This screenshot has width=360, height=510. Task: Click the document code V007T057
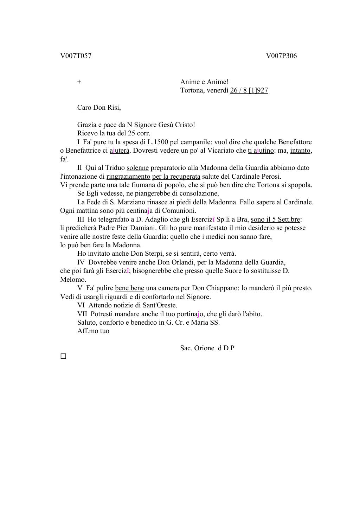point(76,56)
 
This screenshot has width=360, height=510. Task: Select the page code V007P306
point(281,56)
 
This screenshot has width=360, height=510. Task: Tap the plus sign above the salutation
point(79,82)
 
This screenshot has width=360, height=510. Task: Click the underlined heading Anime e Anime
point(203,82)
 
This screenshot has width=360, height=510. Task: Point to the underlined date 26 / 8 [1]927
point(249,90)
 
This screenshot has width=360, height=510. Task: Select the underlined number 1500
point(161,142)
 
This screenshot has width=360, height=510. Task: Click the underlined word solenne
point(137,168)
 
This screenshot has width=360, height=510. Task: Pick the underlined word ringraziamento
point(128,177)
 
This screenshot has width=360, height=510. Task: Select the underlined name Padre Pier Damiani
point(127,228)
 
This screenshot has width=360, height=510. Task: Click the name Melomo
point(73,280)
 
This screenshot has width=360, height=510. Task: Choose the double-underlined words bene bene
point(129,288)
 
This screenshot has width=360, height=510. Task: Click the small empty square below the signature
point(63,356)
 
